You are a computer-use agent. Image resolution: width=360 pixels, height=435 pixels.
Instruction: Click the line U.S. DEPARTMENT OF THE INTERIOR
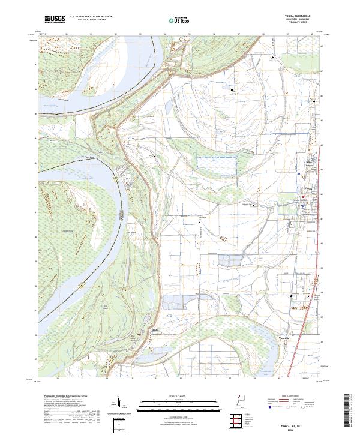pyautogui.click(x=90, y=16)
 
